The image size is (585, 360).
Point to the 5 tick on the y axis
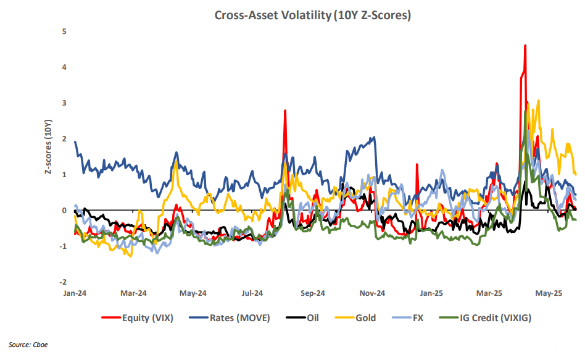(x=65, y=31)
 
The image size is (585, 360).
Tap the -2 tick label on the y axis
(x=63, y=282)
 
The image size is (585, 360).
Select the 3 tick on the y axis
(x=65, y=103)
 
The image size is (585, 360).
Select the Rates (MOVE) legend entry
(x=233, y=318)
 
